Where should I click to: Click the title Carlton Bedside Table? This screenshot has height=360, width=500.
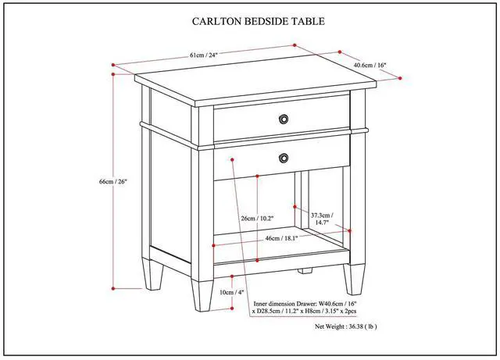coord(259,23)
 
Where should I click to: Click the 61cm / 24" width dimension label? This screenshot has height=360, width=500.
coord(203,55)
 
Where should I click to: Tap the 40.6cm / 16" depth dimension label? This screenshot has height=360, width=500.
coord(370,65)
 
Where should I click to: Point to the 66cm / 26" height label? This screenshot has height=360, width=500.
coord(114,181)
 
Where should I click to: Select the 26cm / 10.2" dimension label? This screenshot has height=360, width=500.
coord(258,218)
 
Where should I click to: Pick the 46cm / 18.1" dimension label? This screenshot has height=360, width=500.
coord(281,237)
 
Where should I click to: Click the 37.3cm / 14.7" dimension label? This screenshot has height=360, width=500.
coord(322,219)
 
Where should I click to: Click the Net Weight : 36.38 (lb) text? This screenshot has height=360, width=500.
coord(346,327)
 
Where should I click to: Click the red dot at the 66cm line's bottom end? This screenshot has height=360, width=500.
coord(114,289)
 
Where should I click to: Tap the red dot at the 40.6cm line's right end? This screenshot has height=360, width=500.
coord(400,78)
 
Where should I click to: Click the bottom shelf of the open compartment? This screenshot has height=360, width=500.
coord(281,250)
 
